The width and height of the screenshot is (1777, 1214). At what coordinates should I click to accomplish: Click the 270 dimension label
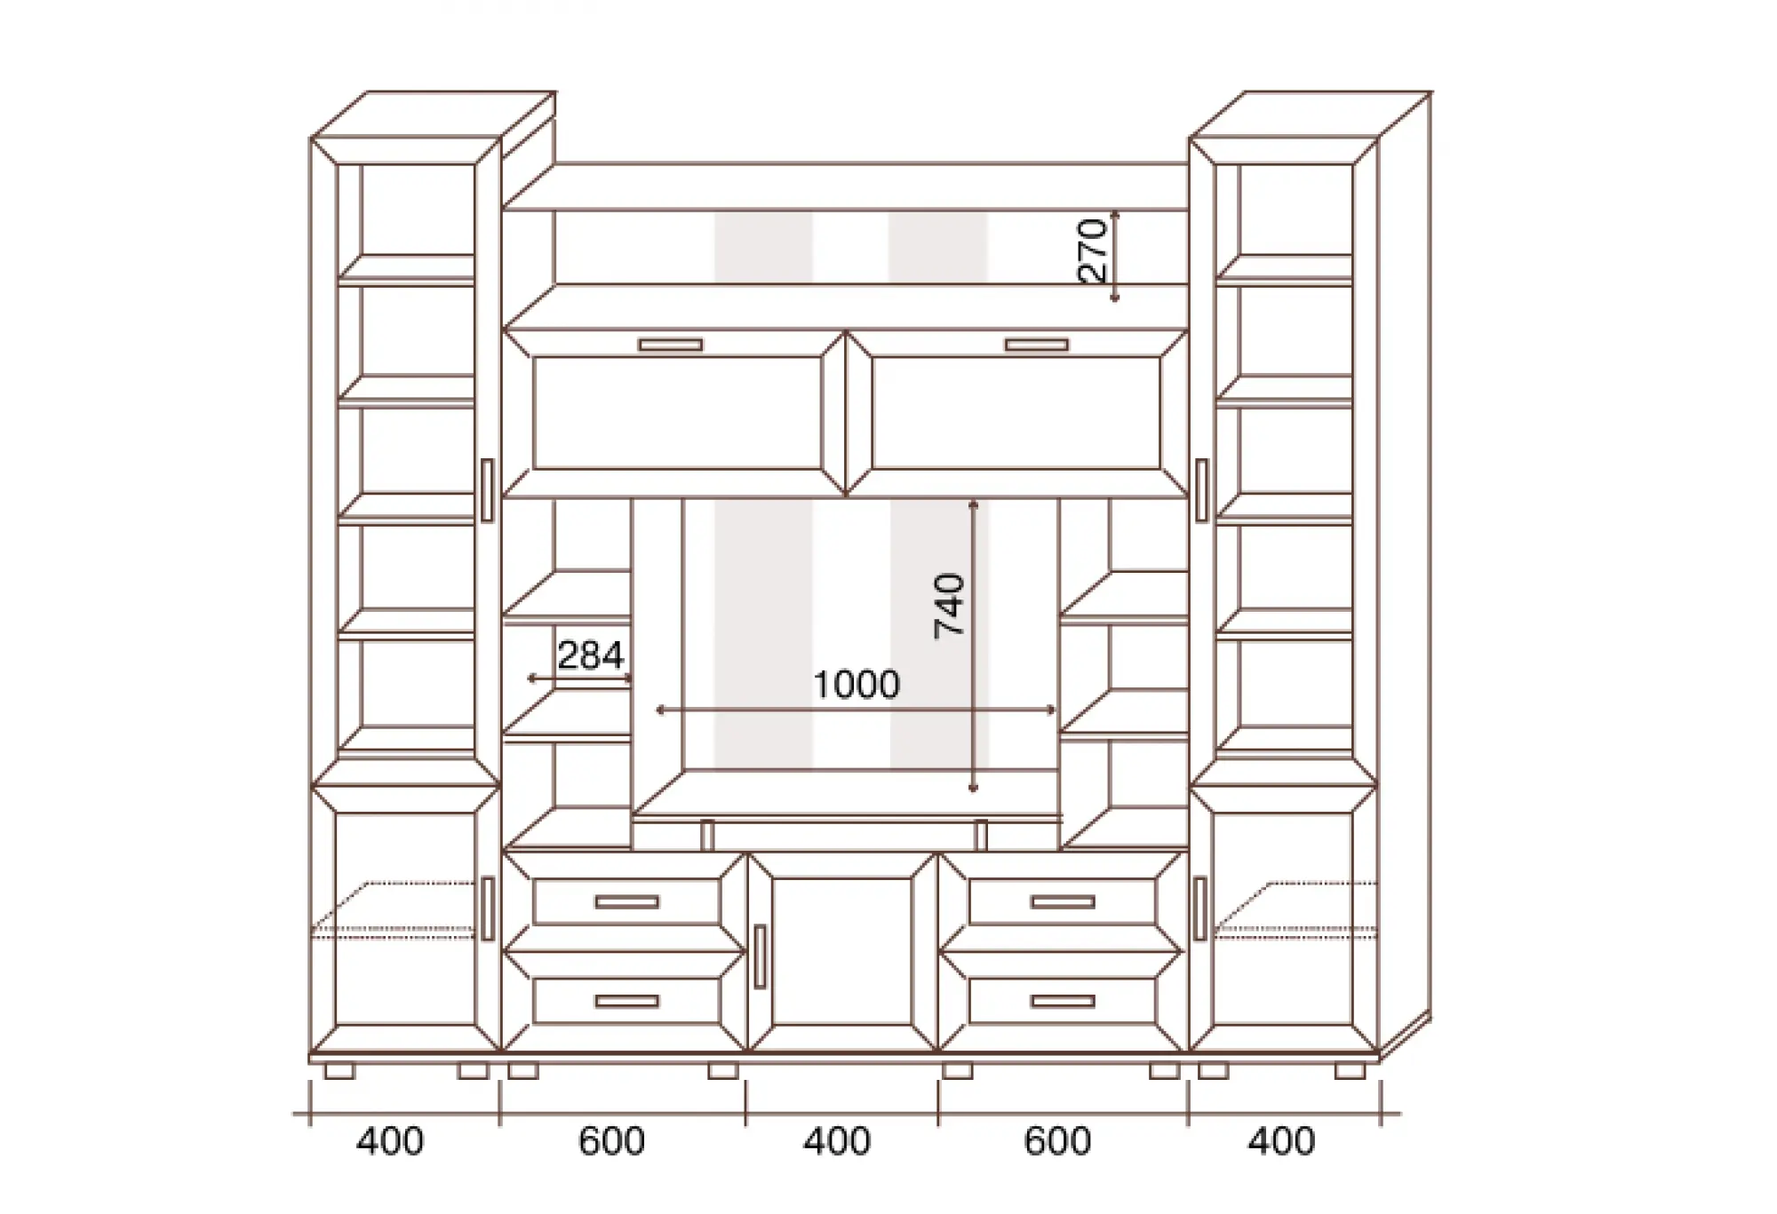point(1095,250)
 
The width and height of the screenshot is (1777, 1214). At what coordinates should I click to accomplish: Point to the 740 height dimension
point(950,606)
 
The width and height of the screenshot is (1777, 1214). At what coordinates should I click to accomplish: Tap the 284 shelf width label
point(591,655)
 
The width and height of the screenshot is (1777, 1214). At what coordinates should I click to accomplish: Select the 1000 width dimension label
point(857,684)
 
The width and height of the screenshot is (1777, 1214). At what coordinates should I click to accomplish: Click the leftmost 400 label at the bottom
point(390,1141)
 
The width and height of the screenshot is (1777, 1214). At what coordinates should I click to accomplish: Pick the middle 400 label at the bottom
point(837,1141)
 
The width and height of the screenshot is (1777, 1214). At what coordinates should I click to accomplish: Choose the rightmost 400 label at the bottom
point(1281,1141)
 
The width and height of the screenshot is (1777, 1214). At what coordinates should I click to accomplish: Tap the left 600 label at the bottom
point(612,1141)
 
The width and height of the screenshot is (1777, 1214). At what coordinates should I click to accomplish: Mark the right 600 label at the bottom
point(1057,1141)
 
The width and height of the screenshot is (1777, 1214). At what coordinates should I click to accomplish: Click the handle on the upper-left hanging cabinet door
point(670,345)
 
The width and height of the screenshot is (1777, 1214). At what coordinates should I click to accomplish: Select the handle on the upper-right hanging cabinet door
point(1037,345)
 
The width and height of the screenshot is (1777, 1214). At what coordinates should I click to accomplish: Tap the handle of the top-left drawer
point(627,901)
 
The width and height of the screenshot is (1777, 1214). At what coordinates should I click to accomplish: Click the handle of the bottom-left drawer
point(627,1001)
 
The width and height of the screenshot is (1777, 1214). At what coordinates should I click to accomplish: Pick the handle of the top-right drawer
point(1063,901)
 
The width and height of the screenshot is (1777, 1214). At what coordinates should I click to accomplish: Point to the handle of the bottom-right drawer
point(1063,1001)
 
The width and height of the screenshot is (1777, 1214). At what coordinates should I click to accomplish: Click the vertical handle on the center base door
point(759,956)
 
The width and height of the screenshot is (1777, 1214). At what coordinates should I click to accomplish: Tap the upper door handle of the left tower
point(486,490)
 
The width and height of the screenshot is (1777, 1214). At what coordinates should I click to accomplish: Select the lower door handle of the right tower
point(1200,908)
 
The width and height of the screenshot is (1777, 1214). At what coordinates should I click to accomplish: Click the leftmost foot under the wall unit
point(339,1071)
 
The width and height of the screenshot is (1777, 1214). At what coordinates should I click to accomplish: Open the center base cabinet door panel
point(842,952)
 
